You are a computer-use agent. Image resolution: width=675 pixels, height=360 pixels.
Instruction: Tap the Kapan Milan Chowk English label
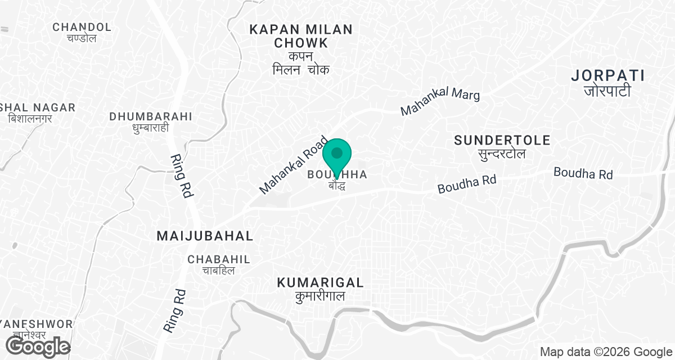pyautogui.click(x=301, y=36)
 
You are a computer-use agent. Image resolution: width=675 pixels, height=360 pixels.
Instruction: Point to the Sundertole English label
pyautogui.click(x=502, y=140)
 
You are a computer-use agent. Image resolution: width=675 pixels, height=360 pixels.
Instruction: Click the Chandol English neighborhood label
pyautogui.click(x=82, y=27)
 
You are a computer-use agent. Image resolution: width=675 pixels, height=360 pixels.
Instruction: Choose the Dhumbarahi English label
pyautogui.click(x=151, y=116)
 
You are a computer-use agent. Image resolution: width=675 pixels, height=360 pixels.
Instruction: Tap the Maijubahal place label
pyautogui.click(x=205, y=236)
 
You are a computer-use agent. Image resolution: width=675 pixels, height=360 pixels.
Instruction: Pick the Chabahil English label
pyautogui.click(x=219, y=259)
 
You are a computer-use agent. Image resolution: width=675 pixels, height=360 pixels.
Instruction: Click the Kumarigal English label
pyautogui.click(x=320, y=282)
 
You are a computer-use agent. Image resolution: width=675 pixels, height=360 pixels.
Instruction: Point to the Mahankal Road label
pyautogui.click(x=293, y=165)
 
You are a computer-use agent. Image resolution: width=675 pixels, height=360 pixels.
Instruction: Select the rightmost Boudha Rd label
pyautogui.click(x=583, y=173)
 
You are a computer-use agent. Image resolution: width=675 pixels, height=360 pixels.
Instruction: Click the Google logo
pyautogui.click(x=35, y=346)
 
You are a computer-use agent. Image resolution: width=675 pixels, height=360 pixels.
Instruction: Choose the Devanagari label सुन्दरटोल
pyautogui.click(x=502, y=154)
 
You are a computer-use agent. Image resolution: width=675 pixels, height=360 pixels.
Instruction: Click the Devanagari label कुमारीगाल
pyautogui.click(x=320, y=296)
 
